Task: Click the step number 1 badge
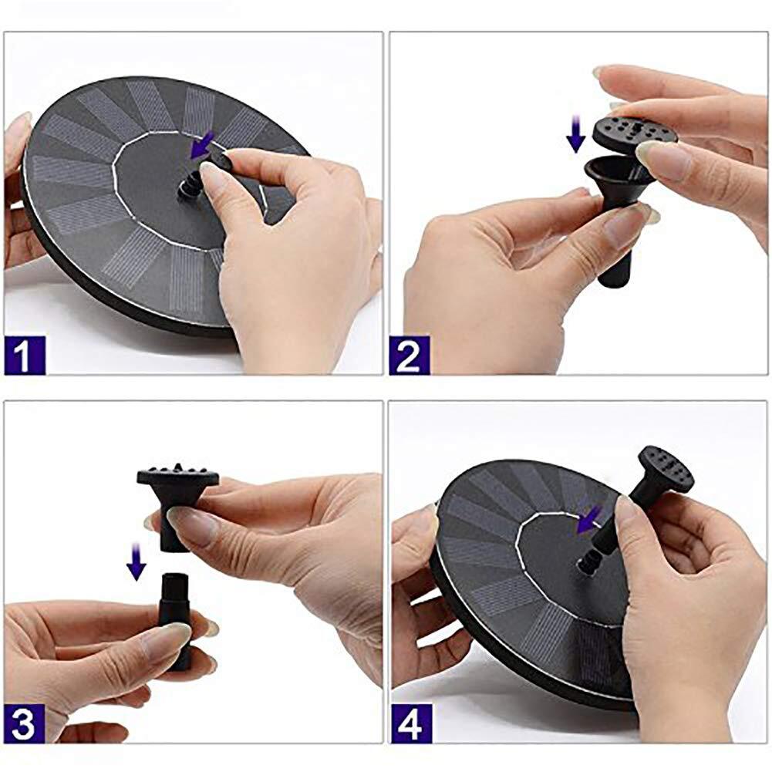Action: pos(24,355)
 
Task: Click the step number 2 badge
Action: pos(410,355)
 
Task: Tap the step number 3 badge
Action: pos(24,723)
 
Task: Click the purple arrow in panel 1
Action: pos(202,147)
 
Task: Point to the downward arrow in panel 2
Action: pos(575,134)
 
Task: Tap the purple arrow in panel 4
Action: pos(589,520)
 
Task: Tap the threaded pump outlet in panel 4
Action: pos(590,562)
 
